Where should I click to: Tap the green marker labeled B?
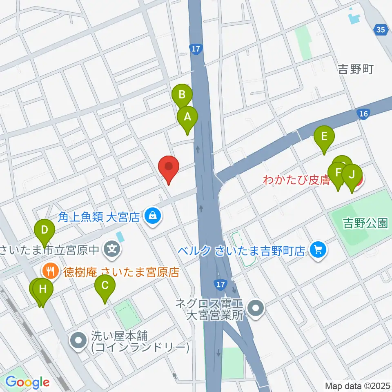click(182, 96)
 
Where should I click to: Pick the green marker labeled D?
click(45, 230)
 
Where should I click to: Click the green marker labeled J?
click(352, 175)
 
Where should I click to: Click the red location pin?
click(169, 167)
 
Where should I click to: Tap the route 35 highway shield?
click(381, 29)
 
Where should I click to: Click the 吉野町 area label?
click(356, 70)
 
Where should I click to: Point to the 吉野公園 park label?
click(365, 223)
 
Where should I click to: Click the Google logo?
click(27, 383)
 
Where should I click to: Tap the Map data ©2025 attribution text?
click(357, 385)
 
